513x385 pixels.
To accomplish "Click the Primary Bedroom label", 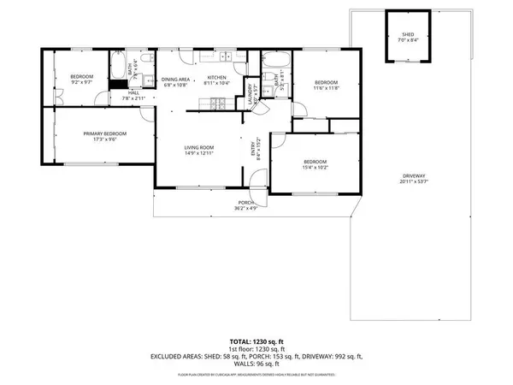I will [x=104, y=134].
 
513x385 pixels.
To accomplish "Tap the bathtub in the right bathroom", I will [x=275, y=62].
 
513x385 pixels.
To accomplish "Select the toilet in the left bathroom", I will [x=146, y=59].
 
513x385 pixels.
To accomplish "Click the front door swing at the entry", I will [x=257, y=180].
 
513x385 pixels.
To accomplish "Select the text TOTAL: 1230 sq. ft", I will [x=256, y=341].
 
